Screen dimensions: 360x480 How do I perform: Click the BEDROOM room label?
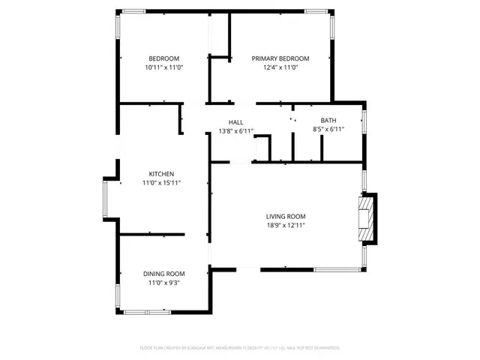point(163,58)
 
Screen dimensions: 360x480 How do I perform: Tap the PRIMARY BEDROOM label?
point(280,58)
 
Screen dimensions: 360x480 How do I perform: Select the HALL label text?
point(235,121)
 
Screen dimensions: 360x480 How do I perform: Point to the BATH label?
point(328,120)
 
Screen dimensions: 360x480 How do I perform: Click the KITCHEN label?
point(161,173)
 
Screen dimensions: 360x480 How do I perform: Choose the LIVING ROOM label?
point(285,216)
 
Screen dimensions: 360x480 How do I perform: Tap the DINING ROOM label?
point(164,274)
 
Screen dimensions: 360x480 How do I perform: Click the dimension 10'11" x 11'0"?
point(163,67)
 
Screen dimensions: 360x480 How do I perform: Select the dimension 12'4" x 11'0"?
point(280,67)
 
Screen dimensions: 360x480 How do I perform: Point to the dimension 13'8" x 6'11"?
point(235,130)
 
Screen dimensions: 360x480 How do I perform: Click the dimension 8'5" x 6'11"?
point(328,129)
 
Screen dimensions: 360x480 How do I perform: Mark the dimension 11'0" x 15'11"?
point(161,182)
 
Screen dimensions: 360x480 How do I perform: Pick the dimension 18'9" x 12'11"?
point(285,225)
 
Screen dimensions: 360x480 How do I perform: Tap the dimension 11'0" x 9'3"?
point(164,283)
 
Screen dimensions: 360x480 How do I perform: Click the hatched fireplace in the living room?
point(365,220)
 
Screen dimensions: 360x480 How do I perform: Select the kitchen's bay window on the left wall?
point(106,199)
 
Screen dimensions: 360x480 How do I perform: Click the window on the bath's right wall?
point(364,121)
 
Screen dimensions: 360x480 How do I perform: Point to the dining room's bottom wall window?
point(147,310)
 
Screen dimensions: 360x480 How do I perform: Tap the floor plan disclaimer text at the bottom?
point(240,348)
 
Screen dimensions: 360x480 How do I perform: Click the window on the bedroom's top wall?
point(134,10)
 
